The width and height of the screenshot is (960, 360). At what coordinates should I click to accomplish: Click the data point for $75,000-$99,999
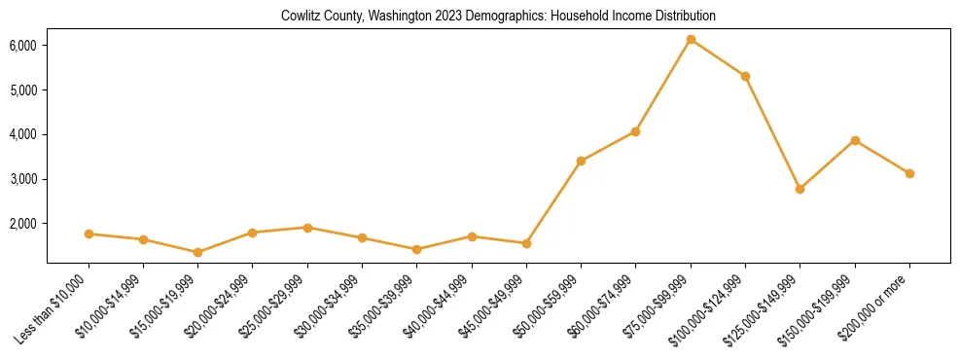pos(691,39)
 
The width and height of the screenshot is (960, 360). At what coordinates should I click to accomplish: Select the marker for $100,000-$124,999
pos(745,76)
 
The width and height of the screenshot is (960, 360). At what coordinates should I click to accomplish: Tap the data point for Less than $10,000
pos(89,234)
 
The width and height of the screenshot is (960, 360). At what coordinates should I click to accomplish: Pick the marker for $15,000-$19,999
pos(197,252)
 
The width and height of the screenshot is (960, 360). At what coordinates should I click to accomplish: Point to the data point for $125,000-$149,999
pos(800,189)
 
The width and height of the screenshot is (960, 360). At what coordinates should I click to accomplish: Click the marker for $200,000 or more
pos(909,173)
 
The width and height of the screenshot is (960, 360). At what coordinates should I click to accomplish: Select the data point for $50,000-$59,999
pos(581,161)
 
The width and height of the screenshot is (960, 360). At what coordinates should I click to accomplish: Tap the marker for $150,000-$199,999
pos(855,140)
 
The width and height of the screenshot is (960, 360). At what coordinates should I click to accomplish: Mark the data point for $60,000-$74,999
pos(635,131)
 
